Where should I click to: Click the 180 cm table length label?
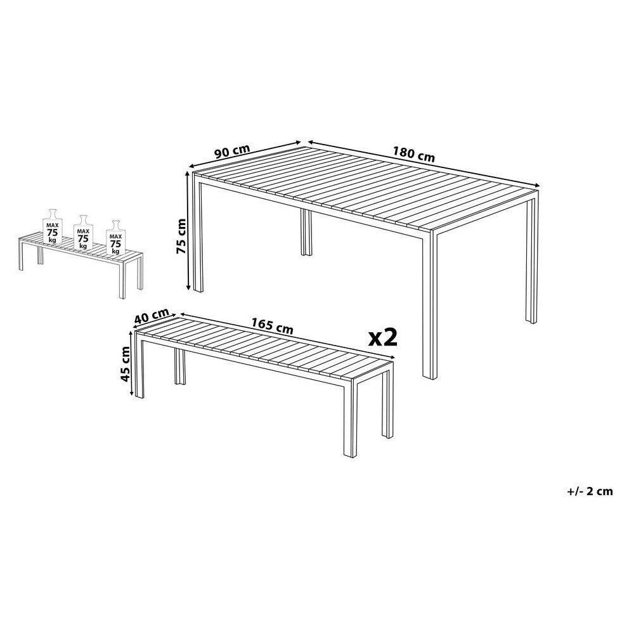pyautogui.click(x=413, y=155)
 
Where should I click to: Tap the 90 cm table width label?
pyautogui.click(x=232, y=152)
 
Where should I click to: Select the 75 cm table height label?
pyautogui.click(x=182, y=236)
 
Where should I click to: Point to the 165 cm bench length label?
pyautogui.click(x=272, y=326)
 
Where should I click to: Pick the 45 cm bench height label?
pyautogui.click(x=126, y=363)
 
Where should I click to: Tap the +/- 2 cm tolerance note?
pyautogui.click(x=590, y=491)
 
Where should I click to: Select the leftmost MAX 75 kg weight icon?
pyautogui.click(x=53, y=226)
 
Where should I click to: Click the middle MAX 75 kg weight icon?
pyautogui.click(x=84, y=232)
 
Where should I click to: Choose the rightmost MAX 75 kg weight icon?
pyautogui.click(x=115, y=238)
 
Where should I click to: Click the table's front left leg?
pyautogui.click(x=198, y=237)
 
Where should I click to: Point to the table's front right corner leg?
pyautogui.click(x=430, y=305)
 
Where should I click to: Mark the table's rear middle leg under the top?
pyautogui.click(x=306, y=232)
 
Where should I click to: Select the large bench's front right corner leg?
pyautogui.click(x=350, y=418)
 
